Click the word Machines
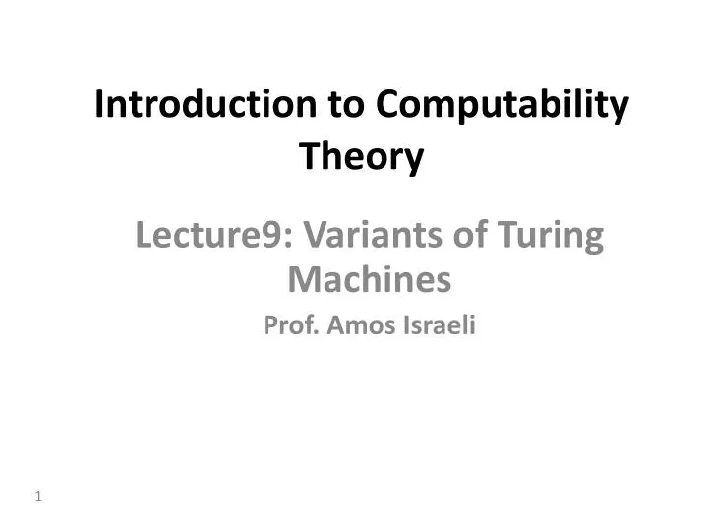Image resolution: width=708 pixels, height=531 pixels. [x=370, y=281]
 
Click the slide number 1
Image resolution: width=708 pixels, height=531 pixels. [x=38, y=497]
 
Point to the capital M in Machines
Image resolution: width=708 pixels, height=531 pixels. [x=300, y=281]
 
